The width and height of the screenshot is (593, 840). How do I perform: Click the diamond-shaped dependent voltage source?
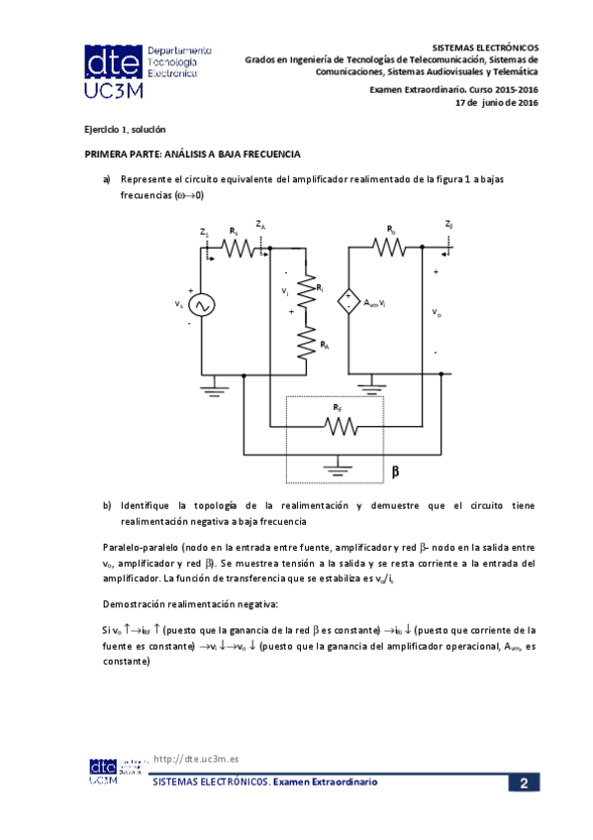(348, 301)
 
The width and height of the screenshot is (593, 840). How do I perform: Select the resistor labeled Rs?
(238, 248)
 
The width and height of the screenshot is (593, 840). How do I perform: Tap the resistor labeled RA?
(307, 344)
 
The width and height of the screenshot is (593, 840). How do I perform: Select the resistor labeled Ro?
(392, 247)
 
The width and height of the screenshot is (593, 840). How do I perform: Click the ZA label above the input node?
(259, 225)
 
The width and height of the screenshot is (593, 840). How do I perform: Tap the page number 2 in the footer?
(523, 784)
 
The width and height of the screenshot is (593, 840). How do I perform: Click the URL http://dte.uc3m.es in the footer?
(198, 759)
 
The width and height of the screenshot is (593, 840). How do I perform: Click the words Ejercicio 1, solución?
(124, 130)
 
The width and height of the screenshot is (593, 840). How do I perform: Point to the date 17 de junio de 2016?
(495, 102)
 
